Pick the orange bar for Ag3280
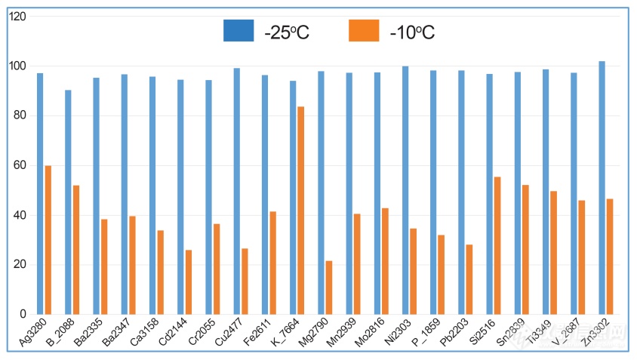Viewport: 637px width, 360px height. tap(48, 239)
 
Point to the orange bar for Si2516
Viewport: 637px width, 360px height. tap(497, 245)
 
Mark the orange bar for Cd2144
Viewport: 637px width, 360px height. tap(189, 282)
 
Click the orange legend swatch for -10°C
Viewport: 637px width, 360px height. tap(364, 31)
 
